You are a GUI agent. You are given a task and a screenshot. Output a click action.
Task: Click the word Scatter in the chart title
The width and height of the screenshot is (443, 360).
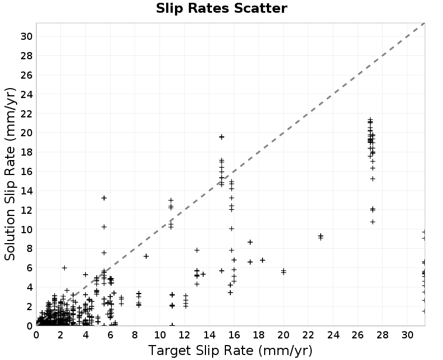point(260,8)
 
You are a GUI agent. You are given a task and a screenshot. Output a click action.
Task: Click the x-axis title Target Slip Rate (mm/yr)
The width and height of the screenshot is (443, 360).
point(230,351)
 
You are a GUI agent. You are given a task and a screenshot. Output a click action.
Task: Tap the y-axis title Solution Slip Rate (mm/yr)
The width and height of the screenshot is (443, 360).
point(10,174)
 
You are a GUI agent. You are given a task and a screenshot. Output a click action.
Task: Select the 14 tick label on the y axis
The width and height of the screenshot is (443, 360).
point(27,191)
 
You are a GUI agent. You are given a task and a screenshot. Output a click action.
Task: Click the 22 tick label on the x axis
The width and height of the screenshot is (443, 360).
point(308,335)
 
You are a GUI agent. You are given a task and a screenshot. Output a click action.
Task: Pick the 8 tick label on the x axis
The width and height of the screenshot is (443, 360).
point(135,335)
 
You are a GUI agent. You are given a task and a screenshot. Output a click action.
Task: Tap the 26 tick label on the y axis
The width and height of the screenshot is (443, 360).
point(27,75)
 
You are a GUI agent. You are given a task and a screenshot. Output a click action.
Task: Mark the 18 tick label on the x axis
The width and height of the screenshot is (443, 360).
point(259,335)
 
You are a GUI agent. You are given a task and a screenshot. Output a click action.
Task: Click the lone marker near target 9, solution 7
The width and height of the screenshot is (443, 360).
point(146,256)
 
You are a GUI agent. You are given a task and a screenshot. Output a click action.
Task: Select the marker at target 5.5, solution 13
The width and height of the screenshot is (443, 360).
point(104,198)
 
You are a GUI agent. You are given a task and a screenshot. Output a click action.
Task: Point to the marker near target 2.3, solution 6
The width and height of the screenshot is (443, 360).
point(64,268)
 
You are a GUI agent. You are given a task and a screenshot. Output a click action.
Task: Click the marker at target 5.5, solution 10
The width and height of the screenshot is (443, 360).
point(104,227)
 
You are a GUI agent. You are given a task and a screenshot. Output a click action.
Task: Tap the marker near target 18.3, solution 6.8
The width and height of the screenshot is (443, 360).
point(262,260)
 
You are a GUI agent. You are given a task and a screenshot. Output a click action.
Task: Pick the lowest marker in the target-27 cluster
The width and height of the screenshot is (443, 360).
point(373,222)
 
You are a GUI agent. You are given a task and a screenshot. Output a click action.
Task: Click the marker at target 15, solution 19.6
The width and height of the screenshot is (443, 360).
point(221,137)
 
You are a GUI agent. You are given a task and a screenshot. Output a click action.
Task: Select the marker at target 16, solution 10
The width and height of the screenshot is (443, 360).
point(231,228)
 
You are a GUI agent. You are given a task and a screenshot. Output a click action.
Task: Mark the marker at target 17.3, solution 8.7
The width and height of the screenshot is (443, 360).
point(250,242)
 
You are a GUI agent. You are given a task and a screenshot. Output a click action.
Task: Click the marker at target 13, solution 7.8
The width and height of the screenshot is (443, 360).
point(197,250)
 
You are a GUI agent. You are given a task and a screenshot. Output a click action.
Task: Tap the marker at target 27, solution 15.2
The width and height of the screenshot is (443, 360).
point(373,178)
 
